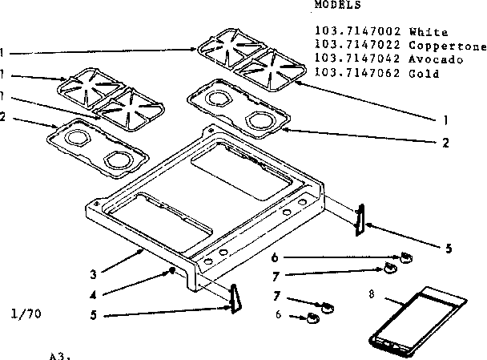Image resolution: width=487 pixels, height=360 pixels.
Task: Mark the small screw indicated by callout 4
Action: [172, 271]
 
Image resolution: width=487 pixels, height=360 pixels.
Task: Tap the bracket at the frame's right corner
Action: [360, 217]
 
